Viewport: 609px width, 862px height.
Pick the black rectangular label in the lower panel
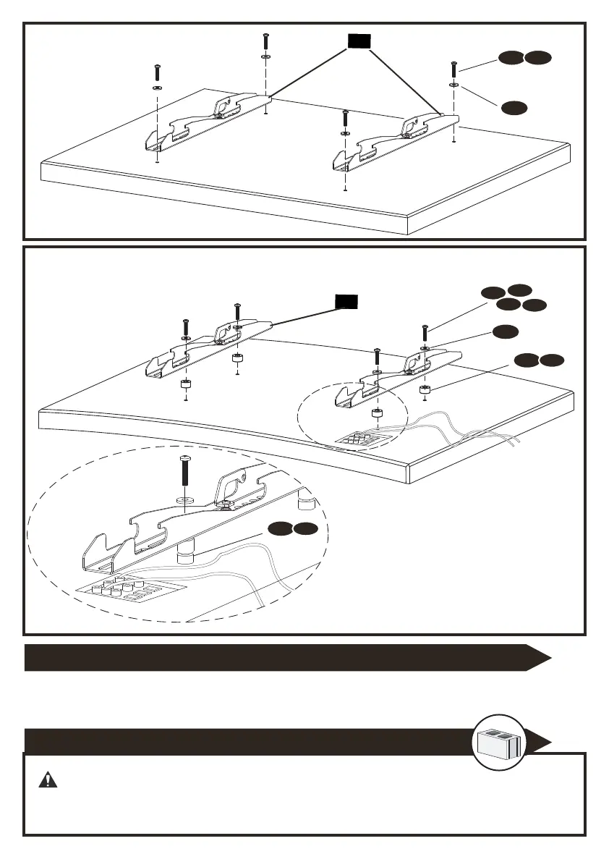click(346, 302)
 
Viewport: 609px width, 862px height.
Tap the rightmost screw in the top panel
click(453, 71)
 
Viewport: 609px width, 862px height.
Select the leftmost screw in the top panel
click(157, 73)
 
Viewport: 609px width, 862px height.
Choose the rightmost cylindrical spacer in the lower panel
click(425, 392)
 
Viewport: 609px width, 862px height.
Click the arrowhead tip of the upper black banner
click(550, 657)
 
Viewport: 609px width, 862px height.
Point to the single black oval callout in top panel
click(514, 108)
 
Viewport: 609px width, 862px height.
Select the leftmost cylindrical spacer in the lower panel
click(186, 384)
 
